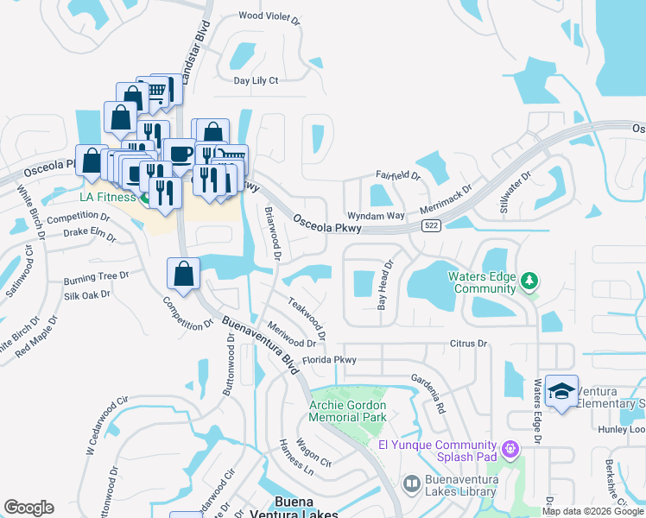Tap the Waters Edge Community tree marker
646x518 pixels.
[x=529, y=281]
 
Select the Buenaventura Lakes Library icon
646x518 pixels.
[x=411, y=483]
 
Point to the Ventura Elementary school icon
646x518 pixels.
[x=562, y=392]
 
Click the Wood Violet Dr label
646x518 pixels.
[x=269, y=16]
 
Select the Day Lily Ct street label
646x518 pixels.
[x=256, y=80]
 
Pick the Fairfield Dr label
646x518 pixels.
[x=397, y=175]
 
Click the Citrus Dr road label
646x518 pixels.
[x=469, y=344]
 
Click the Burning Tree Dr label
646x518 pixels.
[x=96, y=278]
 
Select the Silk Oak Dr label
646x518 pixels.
[x=87, y=294]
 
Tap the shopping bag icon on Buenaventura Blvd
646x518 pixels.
[x=184, y=275]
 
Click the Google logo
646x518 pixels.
[x=28, y=508]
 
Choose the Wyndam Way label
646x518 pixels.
[x=376, y=215]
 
